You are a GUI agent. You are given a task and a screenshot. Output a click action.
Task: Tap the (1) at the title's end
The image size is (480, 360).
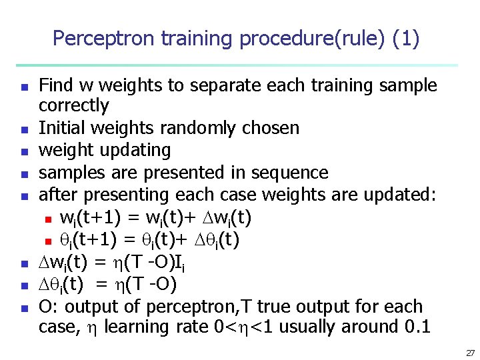[x=406, y=39]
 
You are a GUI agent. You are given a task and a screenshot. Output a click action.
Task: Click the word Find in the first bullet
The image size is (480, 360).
[x=57, y=85]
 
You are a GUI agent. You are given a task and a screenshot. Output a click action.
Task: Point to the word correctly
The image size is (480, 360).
[x=73, y=106]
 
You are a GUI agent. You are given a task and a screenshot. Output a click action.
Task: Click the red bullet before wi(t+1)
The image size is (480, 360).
[x=48, y=219]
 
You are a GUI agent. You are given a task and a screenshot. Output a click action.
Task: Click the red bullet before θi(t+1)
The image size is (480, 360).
[x=48, y=241]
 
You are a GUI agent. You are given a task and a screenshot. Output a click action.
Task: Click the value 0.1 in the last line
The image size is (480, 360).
[x=417, y=327]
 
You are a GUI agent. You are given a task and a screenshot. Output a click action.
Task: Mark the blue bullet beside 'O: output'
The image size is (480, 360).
[x=23, y=309]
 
